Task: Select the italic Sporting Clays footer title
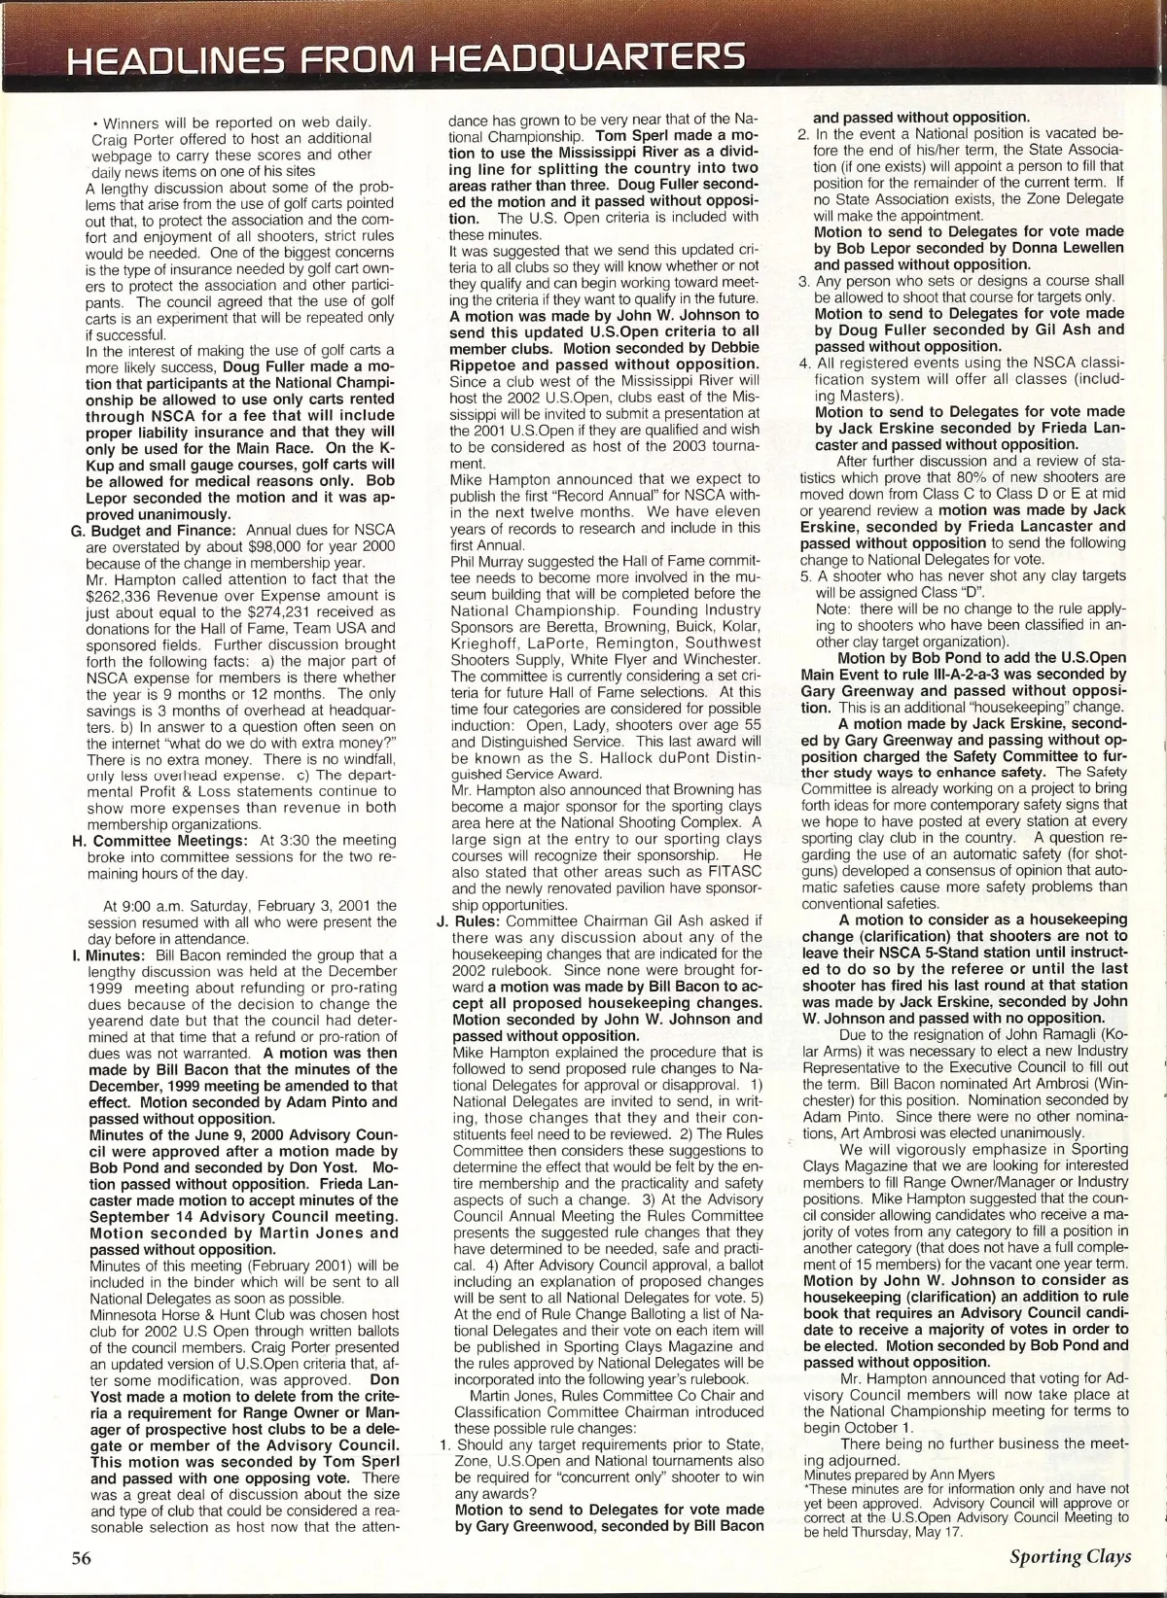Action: pyautogui.click(x=1070, y=1556)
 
